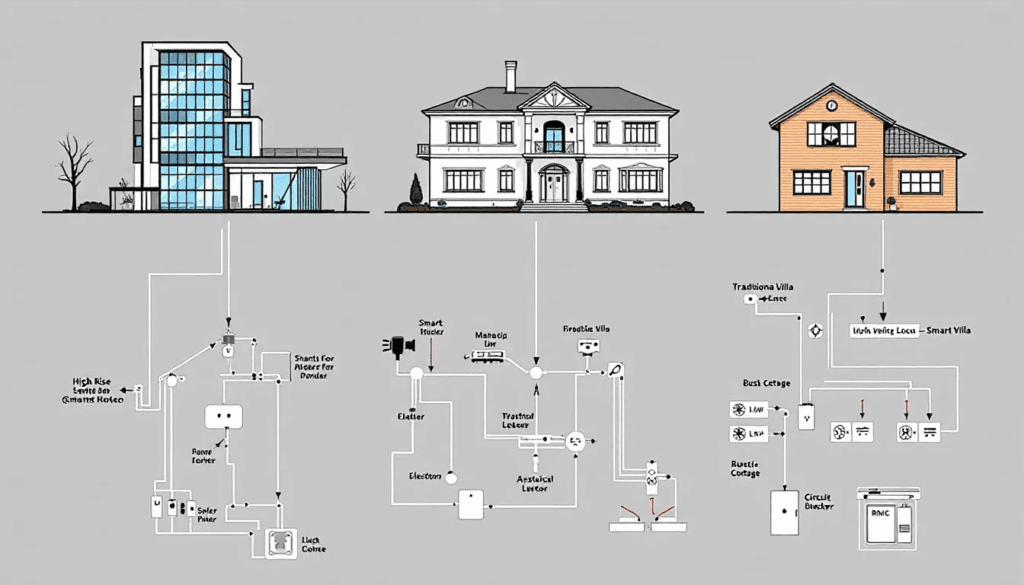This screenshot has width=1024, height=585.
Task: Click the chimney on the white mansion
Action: [510, 76]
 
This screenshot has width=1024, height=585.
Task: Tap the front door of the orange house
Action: [855, 188]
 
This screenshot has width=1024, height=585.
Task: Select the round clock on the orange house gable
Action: [831, 105]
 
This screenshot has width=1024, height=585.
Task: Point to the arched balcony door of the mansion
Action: [553, 136]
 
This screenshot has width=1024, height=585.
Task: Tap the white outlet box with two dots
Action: [225, 416]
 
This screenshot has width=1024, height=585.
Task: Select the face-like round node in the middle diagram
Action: [575, 440]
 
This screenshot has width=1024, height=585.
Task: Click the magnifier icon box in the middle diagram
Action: [616, 369]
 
